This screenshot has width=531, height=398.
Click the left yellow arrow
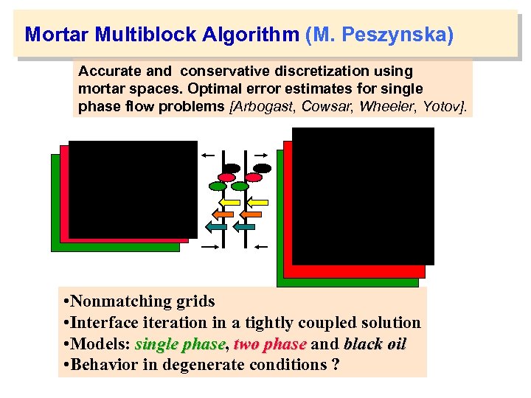(x=231, y=201)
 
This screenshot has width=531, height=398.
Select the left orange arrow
(x=223, y=214)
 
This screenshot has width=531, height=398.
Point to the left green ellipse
(x=219, y=186)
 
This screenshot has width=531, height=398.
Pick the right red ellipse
(x=254, y=178)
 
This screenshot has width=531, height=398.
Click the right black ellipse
(x=263, y=168)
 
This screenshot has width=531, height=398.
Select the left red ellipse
(x=227, y=178)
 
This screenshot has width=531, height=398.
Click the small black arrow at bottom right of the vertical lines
(x=261, y=247)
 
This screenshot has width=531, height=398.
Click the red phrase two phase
(x=269, y=344)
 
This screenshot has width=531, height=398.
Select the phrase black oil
(x=375, y=344)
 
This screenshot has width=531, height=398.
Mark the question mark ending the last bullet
(x=336, y=366)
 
